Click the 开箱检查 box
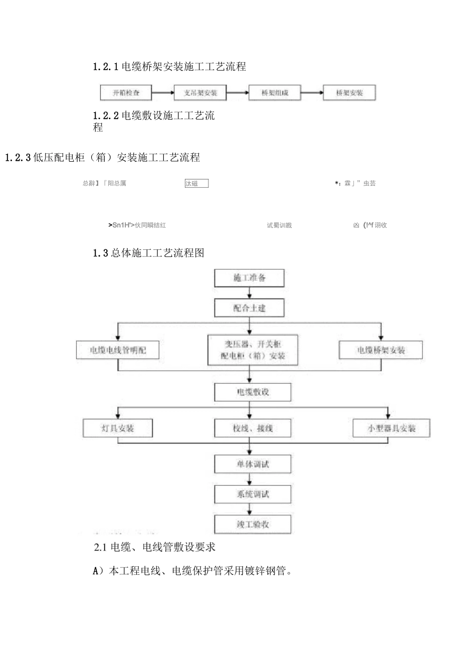tap(126, 93)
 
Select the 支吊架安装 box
tap(200, 93)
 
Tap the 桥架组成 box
tap(275, 93)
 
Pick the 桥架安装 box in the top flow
tap(349, 93)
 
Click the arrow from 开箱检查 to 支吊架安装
tap(163, 93)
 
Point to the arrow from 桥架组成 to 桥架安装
tap(312, 93)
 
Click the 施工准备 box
tap(250, 278)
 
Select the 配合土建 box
tap(250, 308)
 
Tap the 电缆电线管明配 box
tap(118, 350)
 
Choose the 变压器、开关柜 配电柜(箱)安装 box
tap(253, 350)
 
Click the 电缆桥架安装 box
tap(381, 350)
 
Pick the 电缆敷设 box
tap(253, 392)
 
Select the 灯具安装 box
tap(117, 428)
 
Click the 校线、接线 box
tap(253, 428)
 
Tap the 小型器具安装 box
tap(391, 428)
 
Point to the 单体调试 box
tap(253, 464)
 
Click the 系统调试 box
tap(253, 494)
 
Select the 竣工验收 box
tap(253, 524)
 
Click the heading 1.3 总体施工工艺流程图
tap(149, 253)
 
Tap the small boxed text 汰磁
tap(196, 184)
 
